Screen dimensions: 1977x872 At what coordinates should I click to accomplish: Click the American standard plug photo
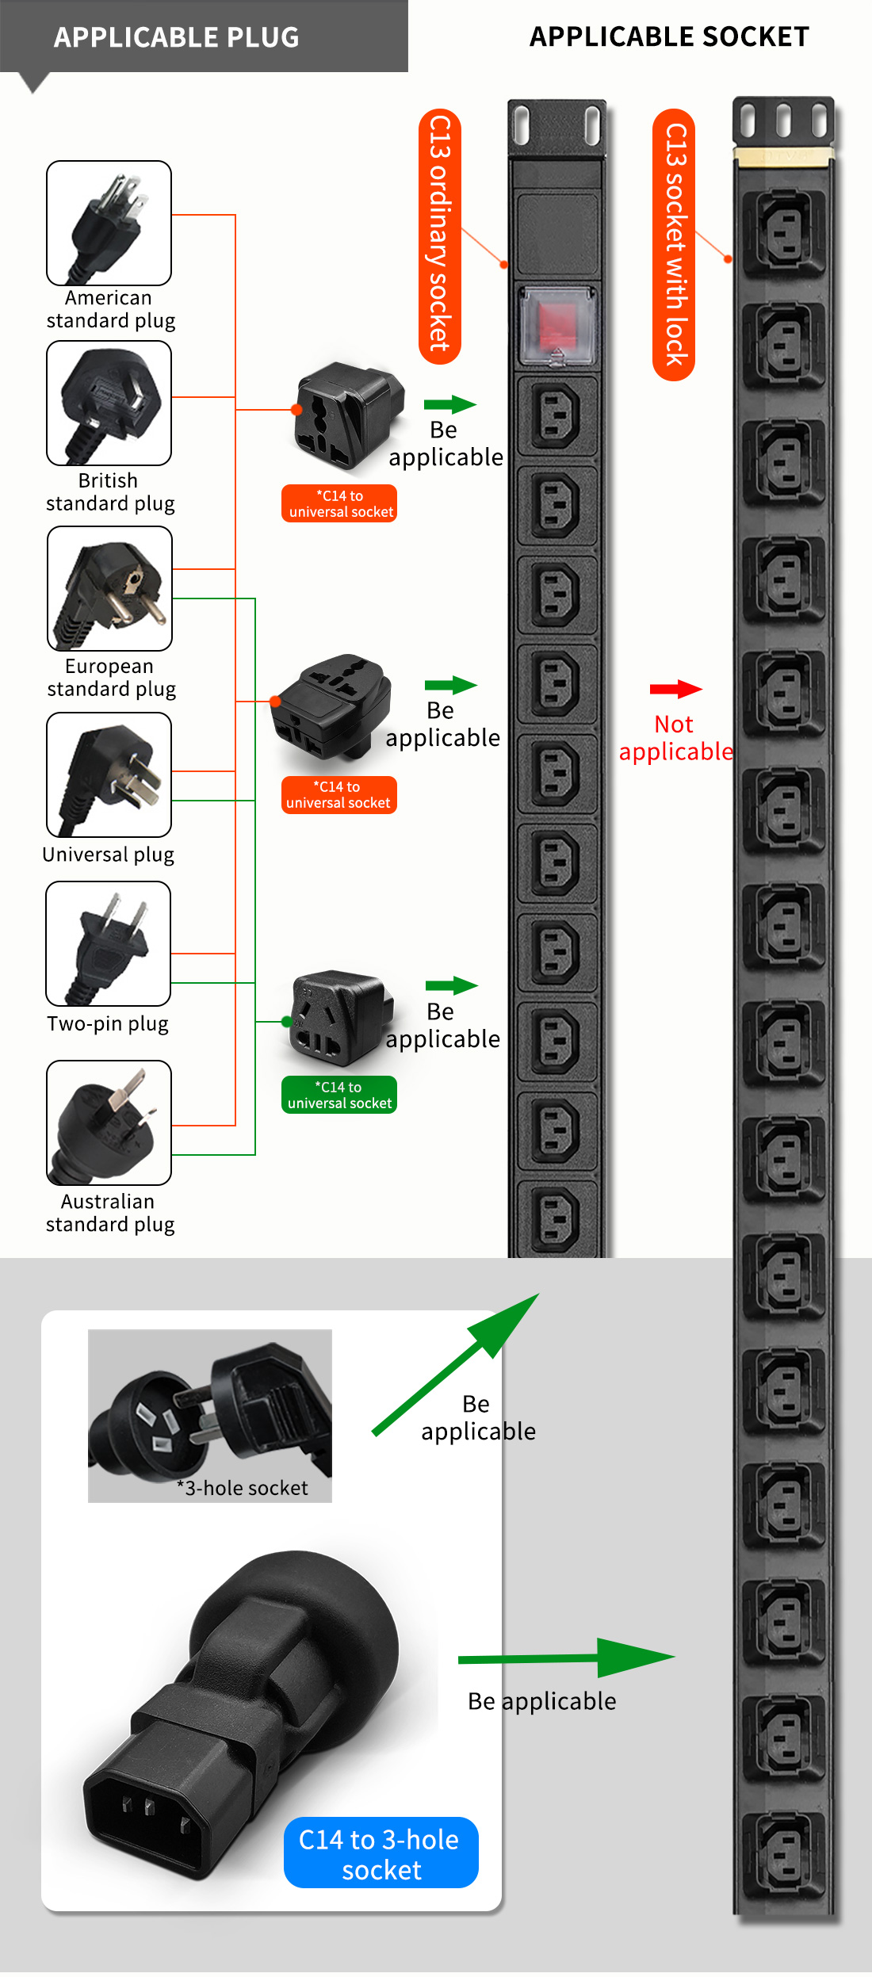(x=109, y=223)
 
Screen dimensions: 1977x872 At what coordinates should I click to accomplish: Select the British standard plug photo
(x=109, y=403)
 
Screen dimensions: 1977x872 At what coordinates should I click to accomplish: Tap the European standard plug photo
(x=109, y=588)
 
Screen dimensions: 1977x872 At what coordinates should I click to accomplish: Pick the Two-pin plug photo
(x=108, y=943)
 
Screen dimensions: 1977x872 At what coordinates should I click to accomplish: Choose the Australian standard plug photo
(x=109, y=1122)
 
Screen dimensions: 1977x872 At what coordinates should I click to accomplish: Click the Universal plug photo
(x=109, y=774)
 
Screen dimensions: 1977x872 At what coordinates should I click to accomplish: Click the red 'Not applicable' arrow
(x=675, y=689)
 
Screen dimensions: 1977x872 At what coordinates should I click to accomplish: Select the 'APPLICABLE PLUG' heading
(x=176, y=37)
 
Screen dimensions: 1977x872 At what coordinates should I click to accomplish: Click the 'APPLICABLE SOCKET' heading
(x=669, y=37)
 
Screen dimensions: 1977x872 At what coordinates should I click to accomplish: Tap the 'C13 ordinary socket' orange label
(x=440, y=235)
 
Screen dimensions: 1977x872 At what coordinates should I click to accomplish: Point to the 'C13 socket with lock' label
(x=674, y=244)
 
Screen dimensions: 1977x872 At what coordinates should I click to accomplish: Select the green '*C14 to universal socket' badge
(x=339, y=1095)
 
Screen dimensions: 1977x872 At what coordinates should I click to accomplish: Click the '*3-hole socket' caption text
(x=242, y=1488)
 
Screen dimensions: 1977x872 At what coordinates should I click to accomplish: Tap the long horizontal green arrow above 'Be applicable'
(x=566, y=1658)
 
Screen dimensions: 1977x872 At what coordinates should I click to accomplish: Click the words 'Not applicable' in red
(x=675, y=738)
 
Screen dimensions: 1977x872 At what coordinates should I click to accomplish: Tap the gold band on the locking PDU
(x=783, y=156)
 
